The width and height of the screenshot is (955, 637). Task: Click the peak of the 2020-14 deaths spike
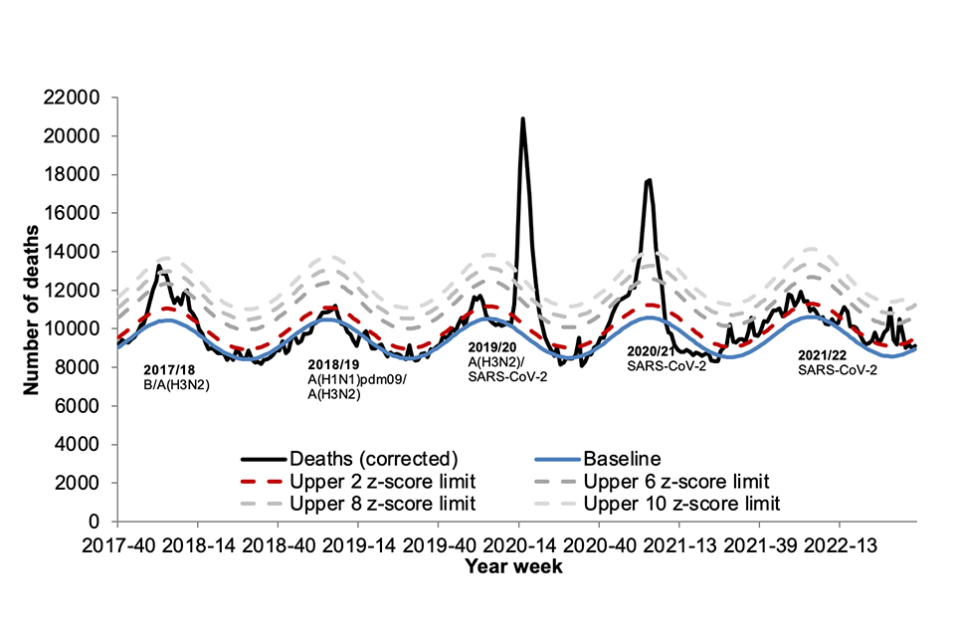coord(522,119)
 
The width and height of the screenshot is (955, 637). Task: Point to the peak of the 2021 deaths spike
coord(649,180)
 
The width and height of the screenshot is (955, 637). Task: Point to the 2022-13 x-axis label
coord(840,546)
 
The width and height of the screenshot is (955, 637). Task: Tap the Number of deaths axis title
coord(33,309)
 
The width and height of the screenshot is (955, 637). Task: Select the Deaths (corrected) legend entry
coord(372,459)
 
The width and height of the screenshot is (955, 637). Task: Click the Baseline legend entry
coord(624,459)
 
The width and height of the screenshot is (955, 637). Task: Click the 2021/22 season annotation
coord(823,355)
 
